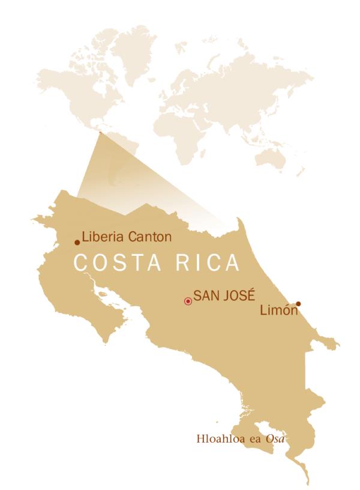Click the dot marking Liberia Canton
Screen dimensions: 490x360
coord(77,243)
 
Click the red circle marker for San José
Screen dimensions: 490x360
coord(188,301)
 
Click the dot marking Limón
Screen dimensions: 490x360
coord(298,303)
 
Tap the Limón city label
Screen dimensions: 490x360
coord(279,310)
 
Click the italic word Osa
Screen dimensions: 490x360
coord(274,438)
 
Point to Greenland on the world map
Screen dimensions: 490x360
coord(133,45)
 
